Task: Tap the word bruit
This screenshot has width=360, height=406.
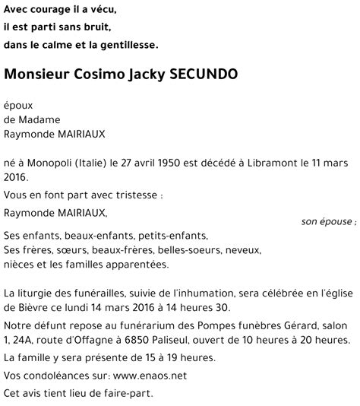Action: [x=95, y=27]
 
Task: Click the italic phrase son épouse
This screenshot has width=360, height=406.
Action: [x=327, y=222]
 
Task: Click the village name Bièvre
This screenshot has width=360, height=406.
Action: [x=19, y=307]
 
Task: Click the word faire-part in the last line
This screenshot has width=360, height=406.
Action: [x=127, y=393]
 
